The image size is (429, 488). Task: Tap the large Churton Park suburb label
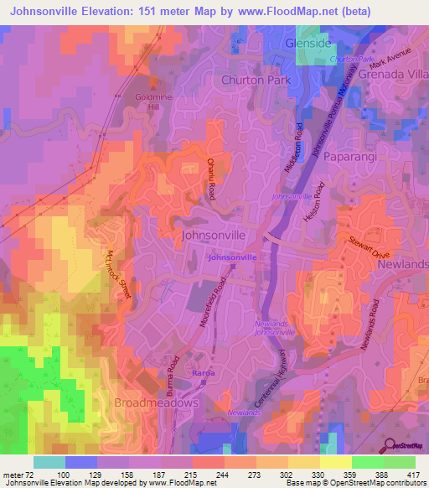coord(254,80)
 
